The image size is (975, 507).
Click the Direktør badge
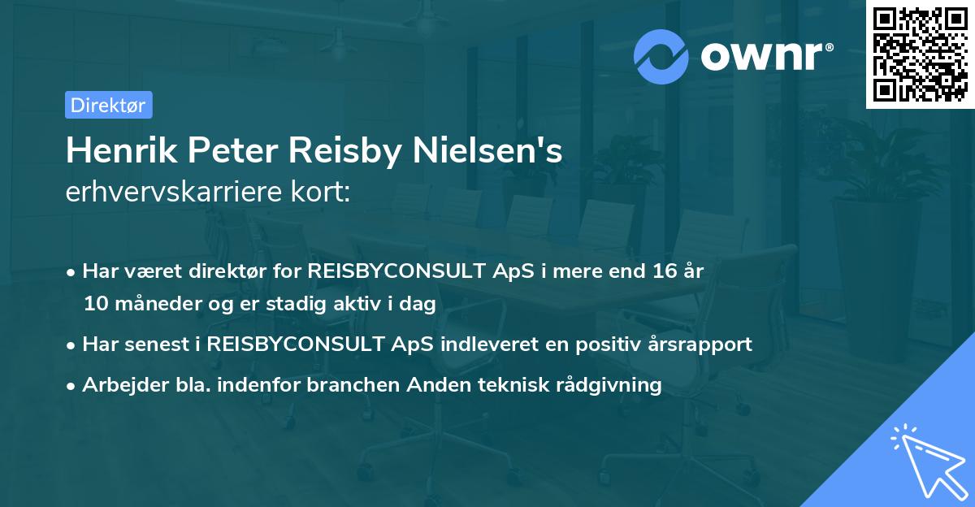point(108,105)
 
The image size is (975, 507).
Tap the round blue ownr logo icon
point(661,57)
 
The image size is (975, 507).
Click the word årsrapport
point(696,344)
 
